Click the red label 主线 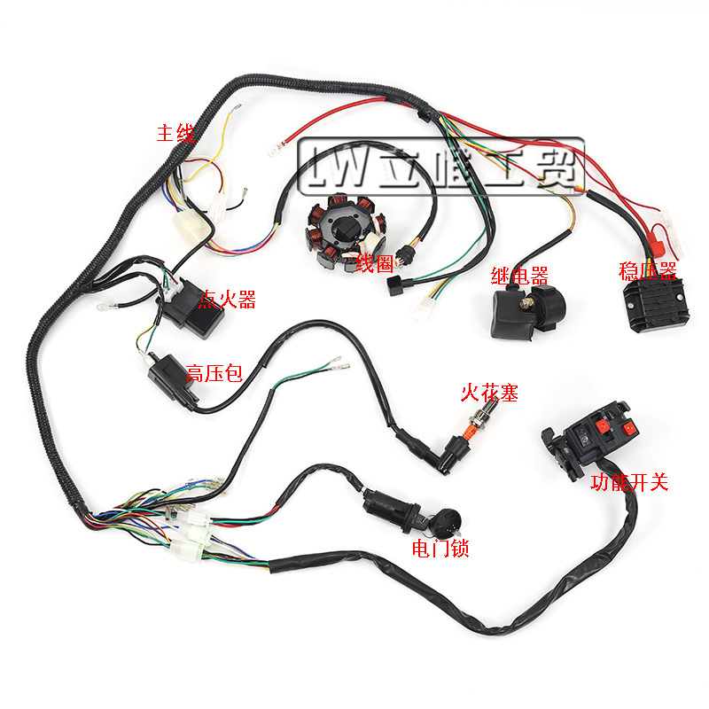pos(175,134)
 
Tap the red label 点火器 pos(229,300)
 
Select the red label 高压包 pos(214,372)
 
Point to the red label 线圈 pos(375,262)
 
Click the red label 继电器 pos(518,275)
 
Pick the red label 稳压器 pos(648,270)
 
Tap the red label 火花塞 pos(487,390)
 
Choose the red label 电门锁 pos(440,549)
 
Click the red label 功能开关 pos(629,483)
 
